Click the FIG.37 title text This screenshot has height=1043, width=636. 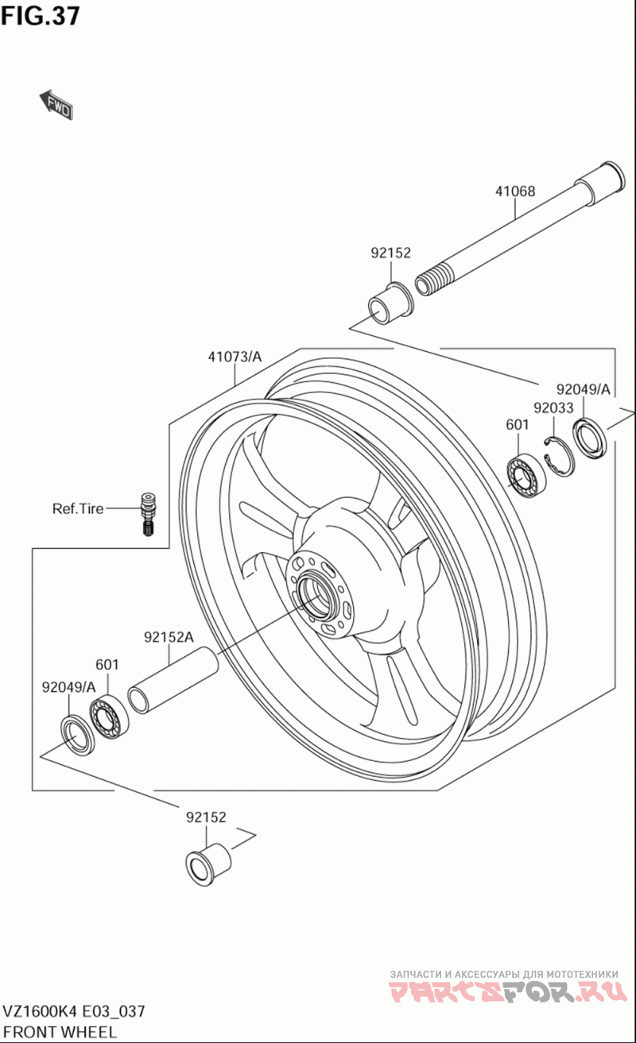pos(41,16)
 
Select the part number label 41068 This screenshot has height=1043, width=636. pos(515,191)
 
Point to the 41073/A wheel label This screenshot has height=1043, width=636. pos(235,357)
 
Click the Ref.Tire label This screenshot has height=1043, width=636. pos(78,508)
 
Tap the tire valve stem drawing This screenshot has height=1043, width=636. pos(149,515)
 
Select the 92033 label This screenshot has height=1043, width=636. pos(553,408)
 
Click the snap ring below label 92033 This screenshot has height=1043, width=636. pos(560,458)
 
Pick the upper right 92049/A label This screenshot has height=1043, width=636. pos(583,388)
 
